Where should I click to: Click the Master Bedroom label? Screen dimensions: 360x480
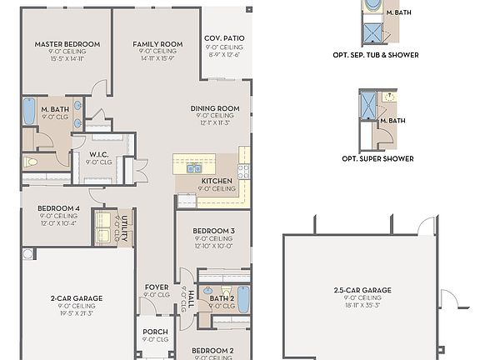67,44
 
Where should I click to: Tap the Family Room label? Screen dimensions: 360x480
157,44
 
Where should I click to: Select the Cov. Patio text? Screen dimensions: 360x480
224,39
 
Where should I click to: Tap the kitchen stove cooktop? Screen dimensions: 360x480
243,172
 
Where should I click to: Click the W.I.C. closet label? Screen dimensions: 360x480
99,154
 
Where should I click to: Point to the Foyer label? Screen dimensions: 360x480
156,287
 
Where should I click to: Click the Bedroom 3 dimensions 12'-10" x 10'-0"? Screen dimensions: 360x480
214,246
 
